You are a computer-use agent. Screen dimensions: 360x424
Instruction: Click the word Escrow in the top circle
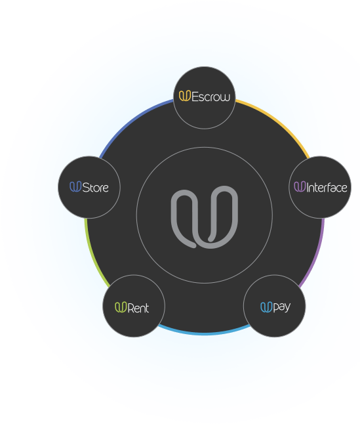click(211, 96)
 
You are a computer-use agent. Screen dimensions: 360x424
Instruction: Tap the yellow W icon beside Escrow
click(185, 96)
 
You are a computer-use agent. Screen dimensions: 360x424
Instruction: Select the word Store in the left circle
click(95, 188)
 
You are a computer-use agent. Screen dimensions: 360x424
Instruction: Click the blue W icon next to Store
click(75, 186)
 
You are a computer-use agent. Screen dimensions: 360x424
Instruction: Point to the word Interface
click(327, 187)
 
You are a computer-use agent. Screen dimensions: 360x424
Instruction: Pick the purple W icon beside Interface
click(300, 186)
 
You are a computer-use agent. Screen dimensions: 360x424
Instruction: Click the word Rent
click(138, 308)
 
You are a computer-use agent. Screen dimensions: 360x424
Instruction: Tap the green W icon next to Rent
click(121, 307)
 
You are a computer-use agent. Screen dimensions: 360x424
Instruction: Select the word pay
click(282, 307)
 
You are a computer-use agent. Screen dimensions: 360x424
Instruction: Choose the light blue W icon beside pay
click(266, 307)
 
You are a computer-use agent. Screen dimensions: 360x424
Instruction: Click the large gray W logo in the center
click(205, 217)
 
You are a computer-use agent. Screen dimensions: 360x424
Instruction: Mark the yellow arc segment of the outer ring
click(277, 121)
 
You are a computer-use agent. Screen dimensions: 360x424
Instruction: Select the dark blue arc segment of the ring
click(132, 121)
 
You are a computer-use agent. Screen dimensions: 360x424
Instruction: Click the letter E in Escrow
click(195, 96)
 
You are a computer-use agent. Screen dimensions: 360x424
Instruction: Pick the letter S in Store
click(86, 188)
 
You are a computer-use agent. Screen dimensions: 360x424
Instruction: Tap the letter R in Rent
click(130, 308)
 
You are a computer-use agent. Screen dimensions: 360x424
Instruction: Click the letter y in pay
click(287, 308)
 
